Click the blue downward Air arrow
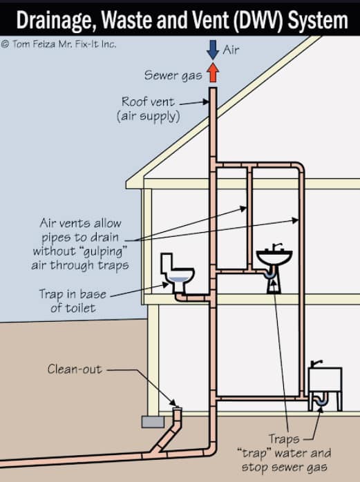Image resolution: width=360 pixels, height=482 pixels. [213, 50]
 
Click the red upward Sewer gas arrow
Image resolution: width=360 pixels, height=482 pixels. [213, 73]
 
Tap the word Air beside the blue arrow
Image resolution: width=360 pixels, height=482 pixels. [231, 50]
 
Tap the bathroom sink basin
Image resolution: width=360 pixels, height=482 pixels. [274, 258]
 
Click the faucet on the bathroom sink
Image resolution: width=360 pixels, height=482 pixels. [276, 247]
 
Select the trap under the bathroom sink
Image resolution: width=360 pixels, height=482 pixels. [270, 273]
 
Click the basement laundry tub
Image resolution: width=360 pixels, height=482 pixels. [325, 380]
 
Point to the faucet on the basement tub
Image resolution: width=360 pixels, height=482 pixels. [316, 364]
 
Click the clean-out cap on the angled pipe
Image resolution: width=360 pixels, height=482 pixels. [177, 409]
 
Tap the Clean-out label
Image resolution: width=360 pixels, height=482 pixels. [75, 369]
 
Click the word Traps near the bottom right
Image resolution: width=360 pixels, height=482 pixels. [284, 439]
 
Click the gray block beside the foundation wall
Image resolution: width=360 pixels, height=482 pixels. [153, 422]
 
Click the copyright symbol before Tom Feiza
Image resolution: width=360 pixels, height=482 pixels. [5, 44]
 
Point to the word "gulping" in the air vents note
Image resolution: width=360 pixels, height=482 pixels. [102, 252]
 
